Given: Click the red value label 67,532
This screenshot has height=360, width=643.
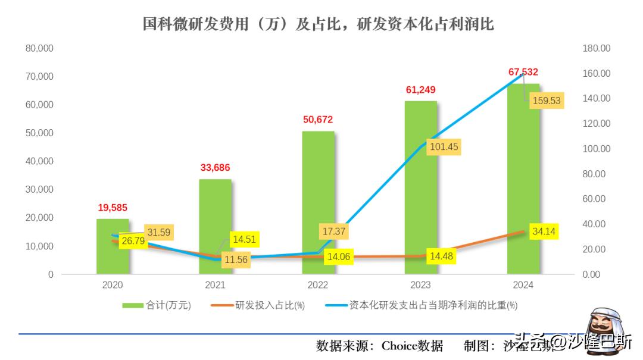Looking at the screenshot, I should pos(523,72).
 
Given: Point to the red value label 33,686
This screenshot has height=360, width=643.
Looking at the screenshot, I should pos(215,168).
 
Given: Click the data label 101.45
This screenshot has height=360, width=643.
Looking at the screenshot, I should pos(442,146).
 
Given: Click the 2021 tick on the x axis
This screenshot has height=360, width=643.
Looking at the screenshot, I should pos(215,285).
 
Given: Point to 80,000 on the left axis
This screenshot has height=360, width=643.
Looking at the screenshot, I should pos(39,48).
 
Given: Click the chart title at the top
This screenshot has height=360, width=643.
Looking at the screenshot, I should pos(319,24).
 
